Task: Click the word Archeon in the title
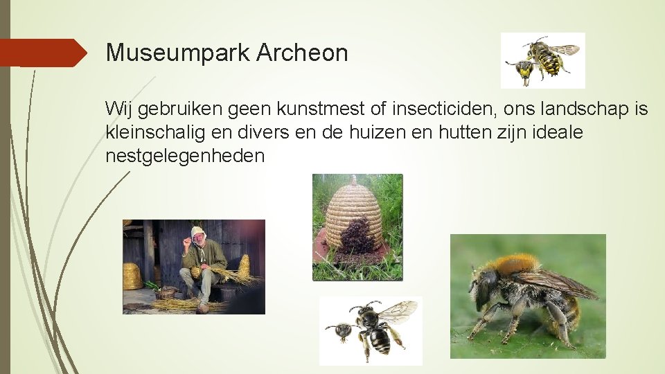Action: (x=302, y=53)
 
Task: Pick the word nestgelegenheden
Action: (x=185, y=155)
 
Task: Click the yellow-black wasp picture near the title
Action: (x=543, y=60)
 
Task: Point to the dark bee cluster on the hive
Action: (x=359, y=235)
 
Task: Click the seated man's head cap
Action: (x=198, y=233)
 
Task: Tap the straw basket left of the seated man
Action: (x=132, y=276)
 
